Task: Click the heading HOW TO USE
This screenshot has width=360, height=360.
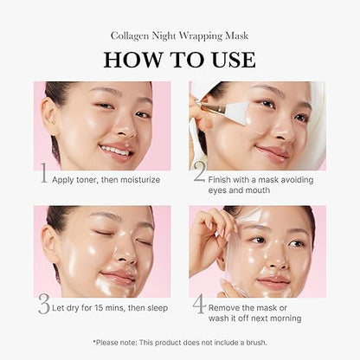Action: (x=179, y=60)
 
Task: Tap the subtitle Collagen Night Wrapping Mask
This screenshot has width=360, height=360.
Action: (x=179, y=35)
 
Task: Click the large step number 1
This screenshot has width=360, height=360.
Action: (x=43, y=175)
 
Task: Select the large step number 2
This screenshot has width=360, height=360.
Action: (x=199, y=175)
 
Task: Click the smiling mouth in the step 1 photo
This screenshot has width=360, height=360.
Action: (x=112, y=149)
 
